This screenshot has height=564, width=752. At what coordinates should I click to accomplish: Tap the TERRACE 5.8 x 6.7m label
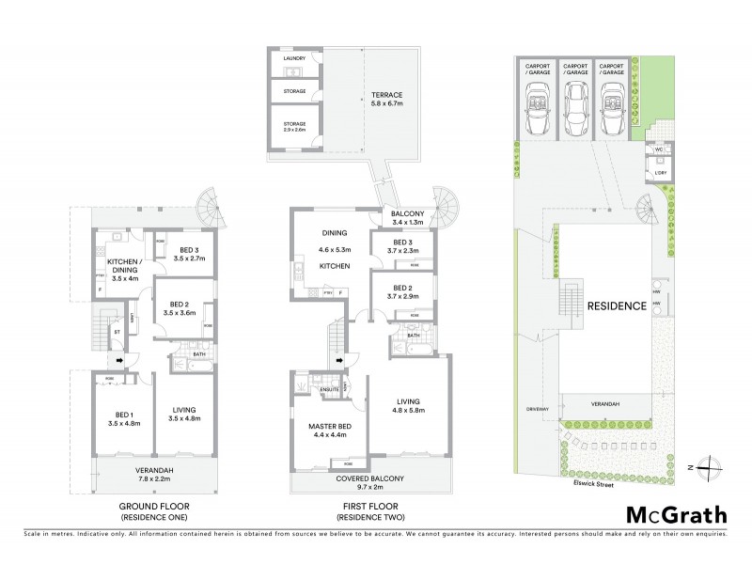tap(386, 100)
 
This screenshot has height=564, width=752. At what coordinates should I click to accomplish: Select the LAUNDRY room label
tap(295, 58)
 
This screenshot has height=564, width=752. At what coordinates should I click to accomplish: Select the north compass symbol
tap(713, 465)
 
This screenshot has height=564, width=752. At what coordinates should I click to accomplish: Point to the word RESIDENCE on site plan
tap(617, 305)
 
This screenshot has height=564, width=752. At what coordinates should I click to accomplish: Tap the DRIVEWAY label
tap(537, 410)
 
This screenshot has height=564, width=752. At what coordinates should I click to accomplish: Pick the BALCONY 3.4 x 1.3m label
tap(408, 219)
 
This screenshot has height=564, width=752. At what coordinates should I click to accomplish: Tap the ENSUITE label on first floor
tap(329, 388)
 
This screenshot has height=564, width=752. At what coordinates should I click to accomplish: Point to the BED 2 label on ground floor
tap(179, 306)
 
